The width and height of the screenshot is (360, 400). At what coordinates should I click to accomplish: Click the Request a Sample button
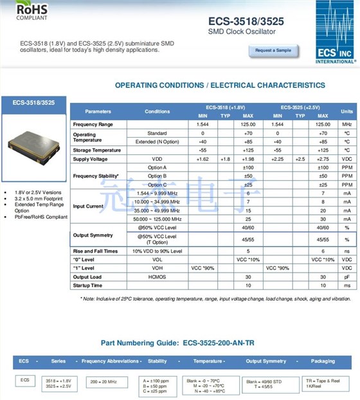[x=273, y=50]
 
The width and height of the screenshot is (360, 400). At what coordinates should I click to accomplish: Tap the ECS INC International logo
[x=335, y=32]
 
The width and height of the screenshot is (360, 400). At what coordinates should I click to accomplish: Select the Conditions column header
[x=157, y=111]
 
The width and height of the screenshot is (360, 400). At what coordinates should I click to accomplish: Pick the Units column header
[x=346, y=111]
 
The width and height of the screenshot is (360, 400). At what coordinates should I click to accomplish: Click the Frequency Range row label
[x=93, y=123]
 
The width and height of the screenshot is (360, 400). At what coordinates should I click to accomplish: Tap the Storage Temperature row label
[x=97, y=150]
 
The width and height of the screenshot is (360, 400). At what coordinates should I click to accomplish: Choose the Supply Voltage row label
[x=91, y=159]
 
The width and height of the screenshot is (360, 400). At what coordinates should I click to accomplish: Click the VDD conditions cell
[x=157, y=159]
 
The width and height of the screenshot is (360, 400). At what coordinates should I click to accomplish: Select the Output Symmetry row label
[x=93, y=235]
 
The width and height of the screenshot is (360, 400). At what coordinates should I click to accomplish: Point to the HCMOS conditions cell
[x=157, y=277]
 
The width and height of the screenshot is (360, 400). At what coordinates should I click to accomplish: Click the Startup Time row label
[x=88, y=285]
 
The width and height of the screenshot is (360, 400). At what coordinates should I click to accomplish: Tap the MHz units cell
[x=346, y=123]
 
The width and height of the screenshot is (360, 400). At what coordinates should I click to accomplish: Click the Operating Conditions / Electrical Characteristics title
[x=220, y=86]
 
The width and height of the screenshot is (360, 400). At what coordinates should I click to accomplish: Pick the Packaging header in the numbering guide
[x=323, y=361]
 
